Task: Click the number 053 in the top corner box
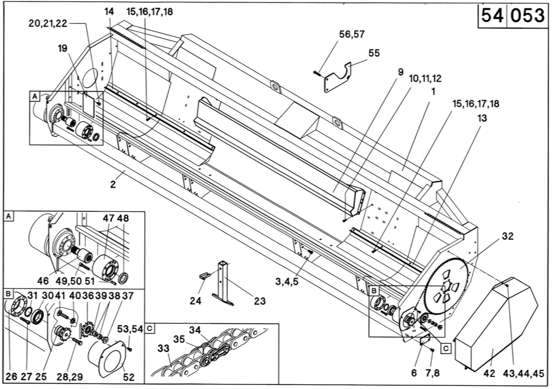[x=527, y=15]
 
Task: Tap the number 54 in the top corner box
[x=492, y=15]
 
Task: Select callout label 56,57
[x=352, y=34]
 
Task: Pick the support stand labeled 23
[x=223, y=284]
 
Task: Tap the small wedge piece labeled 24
[x=204, y=276]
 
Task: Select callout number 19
[x=63, y=49]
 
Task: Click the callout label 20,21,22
[x=48, y=24]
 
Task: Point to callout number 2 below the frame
[x=113, y=184]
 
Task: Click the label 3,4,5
[x=286, y=282]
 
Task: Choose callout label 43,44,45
[x=524, y=374]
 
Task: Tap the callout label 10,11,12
[x=425, y=78]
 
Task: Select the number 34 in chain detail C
[x=195, y=330]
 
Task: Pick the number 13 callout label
[x=482, y=118]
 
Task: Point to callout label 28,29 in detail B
[x=70, y=377]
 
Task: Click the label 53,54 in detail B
[x=130, y=329]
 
